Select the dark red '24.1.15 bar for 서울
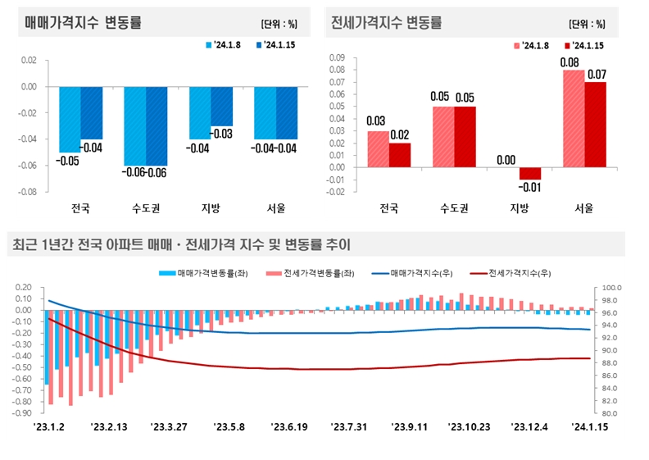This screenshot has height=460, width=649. tap(596, 124)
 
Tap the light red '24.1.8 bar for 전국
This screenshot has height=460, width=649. tap(378, 148)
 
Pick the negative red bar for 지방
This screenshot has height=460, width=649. tap(530, 173)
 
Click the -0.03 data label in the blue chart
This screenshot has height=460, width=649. tap(222, 134)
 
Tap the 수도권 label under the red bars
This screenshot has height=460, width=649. tap(454, 208)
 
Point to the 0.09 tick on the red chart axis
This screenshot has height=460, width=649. tap(337, 58)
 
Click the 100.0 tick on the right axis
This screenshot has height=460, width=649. tap(613, 288)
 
